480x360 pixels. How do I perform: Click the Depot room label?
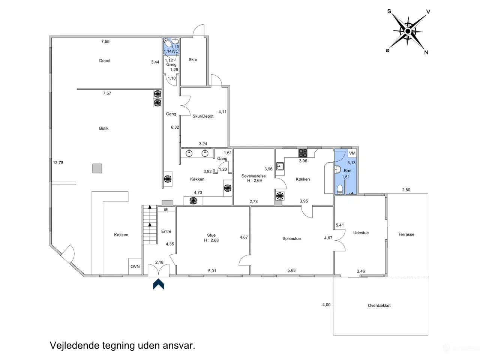(x=105, y=60)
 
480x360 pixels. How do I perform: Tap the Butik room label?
(x=103, y=128)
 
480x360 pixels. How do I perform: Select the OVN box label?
(x=135, y=267)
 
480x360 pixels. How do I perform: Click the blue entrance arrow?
(x=158, y=284)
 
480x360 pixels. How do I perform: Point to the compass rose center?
(x=407, y=31)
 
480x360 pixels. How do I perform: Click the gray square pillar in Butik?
(x=97, y=168)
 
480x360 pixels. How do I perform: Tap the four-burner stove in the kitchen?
(x=303, y=153)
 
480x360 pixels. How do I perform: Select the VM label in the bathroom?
(x=352, y=153)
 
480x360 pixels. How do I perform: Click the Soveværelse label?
(x=253, y=176)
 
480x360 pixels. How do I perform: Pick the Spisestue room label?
(x=291, y=238)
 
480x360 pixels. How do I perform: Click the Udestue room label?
(x=361, y=233)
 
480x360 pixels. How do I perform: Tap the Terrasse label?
(x=406, y=234)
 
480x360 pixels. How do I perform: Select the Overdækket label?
(x=379, y=305)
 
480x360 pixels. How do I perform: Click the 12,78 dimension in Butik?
(x=58, y=163)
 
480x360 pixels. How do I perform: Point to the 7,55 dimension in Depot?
(x=105, y=42)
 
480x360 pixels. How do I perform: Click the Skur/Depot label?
(x=203, y=116)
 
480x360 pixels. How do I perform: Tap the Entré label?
(x=166, y=231)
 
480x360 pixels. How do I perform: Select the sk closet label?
(x=166, y=209)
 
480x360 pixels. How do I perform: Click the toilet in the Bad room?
(x=340, y=189)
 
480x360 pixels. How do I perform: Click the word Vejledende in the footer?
(x=75, y=346)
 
